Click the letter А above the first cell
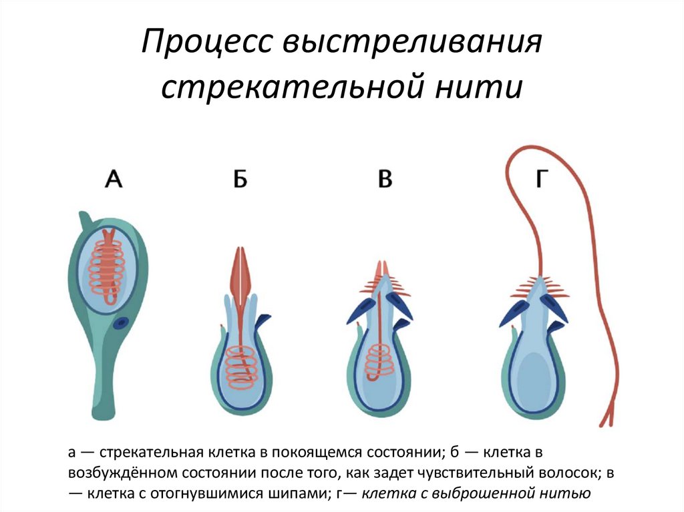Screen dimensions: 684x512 (x=114, y=180)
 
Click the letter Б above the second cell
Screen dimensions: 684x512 (x=240, y=180)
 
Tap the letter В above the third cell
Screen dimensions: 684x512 (x=385, y=180)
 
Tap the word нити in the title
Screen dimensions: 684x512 (x=488, y=87)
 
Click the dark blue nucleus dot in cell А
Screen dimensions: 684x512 (x=121, y=324)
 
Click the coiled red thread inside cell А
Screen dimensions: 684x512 (x=107, y=267)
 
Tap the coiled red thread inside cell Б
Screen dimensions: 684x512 (x=240, y=367)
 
